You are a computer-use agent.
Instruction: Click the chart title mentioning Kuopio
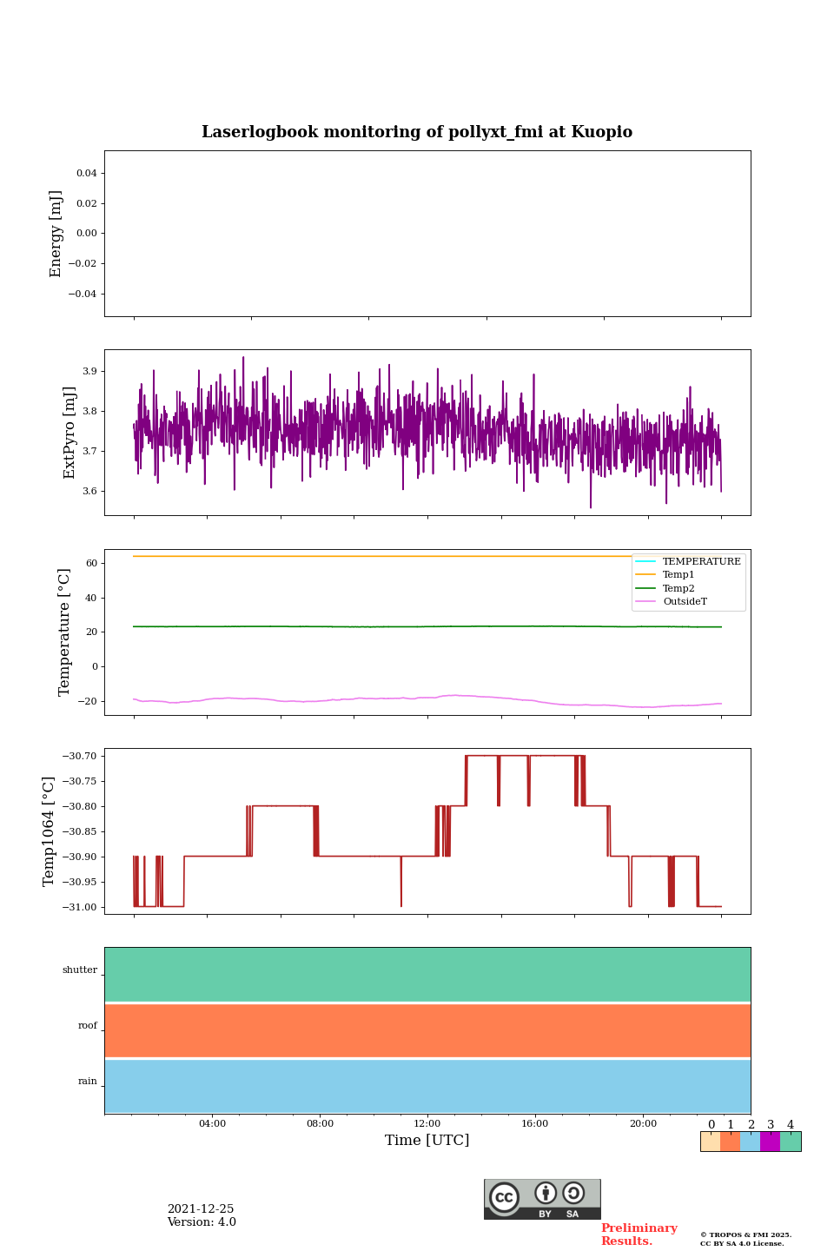pos(417,132)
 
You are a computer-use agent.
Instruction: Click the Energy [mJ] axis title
pos(56,234)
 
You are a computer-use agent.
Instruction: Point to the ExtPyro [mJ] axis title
pos(69,433)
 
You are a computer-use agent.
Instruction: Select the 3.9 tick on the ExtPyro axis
pos(89,371)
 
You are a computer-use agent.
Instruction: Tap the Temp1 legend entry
pos(678,575)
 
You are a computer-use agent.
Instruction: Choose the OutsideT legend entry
pos(685,602)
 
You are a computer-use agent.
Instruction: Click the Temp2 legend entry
pos(678,588)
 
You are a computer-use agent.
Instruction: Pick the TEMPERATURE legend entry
pos(701,562)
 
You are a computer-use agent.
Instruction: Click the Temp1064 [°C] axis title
pos(50,831)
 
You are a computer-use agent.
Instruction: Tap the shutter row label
pos(80,970)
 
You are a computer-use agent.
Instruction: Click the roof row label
pos(88,1026)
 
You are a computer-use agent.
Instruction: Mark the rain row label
pos(88,1082)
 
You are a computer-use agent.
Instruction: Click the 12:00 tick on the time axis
pos(427,1124)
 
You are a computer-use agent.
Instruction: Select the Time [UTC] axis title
pos(427,1141)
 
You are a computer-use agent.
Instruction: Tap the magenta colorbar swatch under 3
pos(770,1142)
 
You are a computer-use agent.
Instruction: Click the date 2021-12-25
pos(201,1209)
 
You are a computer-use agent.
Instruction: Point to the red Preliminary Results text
pos(639,1234)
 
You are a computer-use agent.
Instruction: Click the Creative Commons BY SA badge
pos(542,1199)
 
